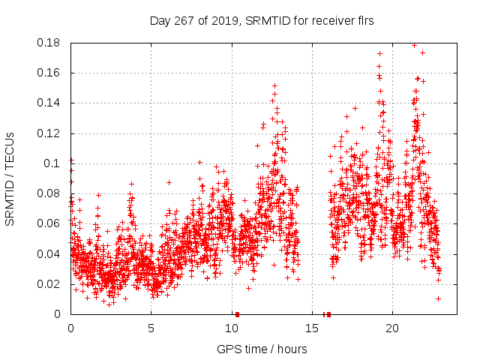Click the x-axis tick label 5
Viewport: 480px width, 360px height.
[151, 328]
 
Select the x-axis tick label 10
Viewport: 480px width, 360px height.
[231, 328]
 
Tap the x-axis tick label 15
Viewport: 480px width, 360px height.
[311, 328]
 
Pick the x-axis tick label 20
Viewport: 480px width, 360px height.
[391, 328]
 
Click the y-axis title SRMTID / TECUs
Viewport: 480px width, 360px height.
[10, 178]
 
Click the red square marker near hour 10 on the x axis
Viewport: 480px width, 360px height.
[237, 314]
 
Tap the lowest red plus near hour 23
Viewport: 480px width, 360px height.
[438, 298]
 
